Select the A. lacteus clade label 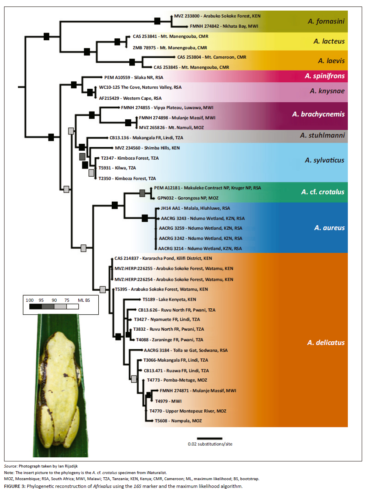[329, 41]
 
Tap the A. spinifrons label [324, 76]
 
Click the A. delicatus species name [326, 343]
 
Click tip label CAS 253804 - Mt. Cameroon [212, 57]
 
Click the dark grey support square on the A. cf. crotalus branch [142, 193]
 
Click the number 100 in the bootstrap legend [30, 300]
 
